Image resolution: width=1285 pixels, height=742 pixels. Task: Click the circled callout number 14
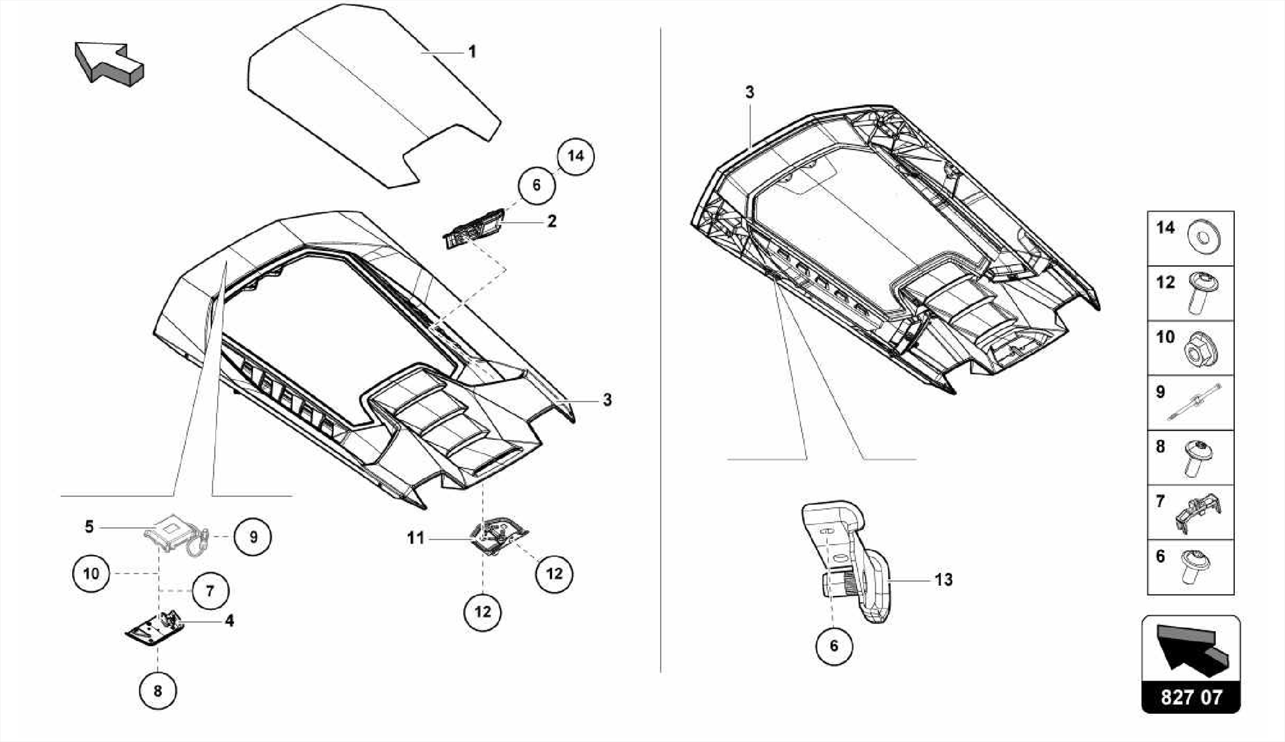point(575,156)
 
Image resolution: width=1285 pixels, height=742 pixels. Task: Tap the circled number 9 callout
point(253,538)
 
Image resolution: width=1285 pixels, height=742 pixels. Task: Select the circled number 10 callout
point(91,573)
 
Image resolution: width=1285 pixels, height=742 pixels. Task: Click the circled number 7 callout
point(210,591)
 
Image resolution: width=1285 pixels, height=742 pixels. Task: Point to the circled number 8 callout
point(157,691)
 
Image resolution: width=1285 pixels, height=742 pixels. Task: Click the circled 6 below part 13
point(834,646)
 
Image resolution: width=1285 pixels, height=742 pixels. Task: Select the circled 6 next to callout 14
point(536,186)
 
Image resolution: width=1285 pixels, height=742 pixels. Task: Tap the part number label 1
point(472,51)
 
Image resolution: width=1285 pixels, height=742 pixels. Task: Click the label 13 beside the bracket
point(943,580)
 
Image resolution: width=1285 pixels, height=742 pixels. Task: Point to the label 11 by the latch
point(415,538)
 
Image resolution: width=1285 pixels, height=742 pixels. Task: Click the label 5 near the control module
point(89,527)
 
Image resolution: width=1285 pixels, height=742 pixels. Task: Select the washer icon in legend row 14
point(1202,238)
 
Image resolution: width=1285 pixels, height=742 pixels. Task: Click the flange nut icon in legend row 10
point(1200,349)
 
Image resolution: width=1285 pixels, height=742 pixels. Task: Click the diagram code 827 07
point(1191,697)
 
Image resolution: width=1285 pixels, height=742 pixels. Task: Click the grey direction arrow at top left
point(108,63)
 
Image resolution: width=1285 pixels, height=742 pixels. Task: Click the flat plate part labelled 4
point(154,627)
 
